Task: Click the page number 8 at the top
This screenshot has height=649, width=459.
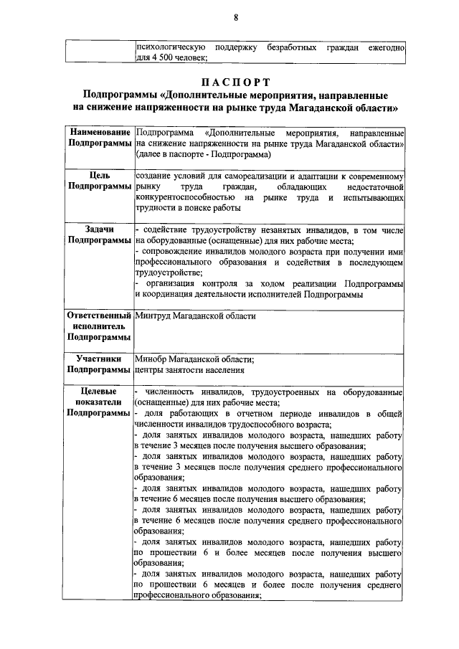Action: click(x=235, y=17)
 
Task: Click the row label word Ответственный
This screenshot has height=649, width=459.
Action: click(x=99, y=316)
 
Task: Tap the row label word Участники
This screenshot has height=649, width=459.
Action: click(x=99, y=359)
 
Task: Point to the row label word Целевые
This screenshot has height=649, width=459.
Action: click(x=99, y=392)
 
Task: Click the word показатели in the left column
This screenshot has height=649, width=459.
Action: click(x=99, y=402)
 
